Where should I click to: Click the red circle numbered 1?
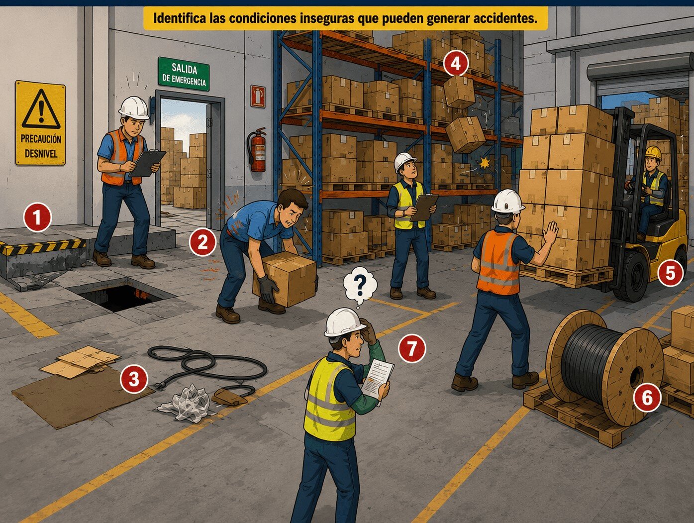(37, 217)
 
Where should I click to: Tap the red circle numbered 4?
(456, 64)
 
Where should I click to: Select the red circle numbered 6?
(647, 398)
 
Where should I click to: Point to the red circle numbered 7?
(412, 348)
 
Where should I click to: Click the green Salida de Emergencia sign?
(184, 74)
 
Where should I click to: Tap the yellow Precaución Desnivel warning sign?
(40, 123)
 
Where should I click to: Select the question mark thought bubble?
(360, 285)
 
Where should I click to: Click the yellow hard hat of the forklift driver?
(654, 153)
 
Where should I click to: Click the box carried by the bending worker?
(285, 279)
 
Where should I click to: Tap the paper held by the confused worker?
(377, 379)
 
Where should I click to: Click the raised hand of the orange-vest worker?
(551, 232)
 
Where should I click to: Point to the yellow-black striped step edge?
(43, 247)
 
